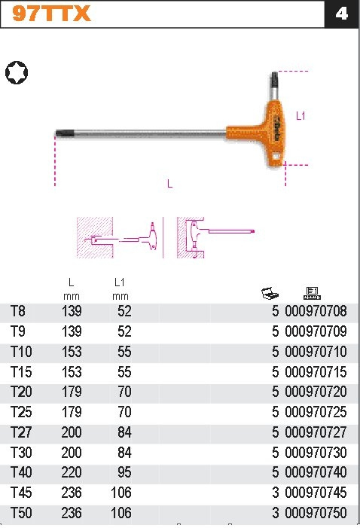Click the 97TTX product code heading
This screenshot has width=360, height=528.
click(51, 14)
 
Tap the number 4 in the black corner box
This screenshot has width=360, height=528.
click(341, 14)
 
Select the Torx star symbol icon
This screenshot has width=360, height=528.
click(17, 73)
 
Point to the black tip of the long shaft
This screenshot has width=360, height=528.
click(63, 133)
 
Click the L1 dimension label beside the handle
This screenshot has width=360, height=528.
click(301, 116)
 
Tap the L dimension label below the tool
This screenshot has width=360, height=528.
click(170, 184)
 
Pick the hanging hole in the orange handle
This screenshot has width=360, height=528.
click(276, 157)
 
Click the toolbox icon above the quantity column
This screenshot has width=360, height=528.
click(270, 293)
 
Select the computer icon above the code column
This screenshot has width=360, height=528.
click(312, 293)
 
